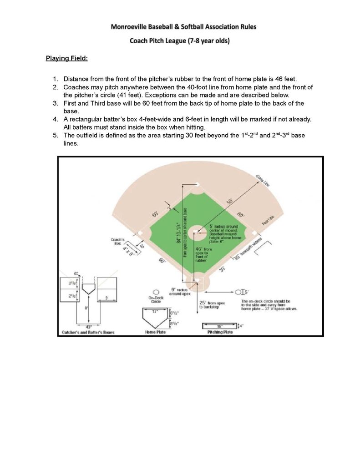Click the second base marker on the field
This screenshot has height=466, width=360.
point(196,184)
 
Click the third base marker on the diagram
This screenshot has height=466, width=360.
point(141,233)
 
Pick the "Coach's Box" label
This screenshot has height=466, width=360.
point(117,241)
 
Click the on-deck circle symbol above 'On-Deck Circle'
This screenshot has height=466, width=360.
point(156,292)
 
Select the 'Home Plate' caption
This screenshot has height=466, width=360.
point(156,332)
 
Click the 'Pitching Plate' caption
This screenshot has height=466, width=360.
point(220,332)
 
